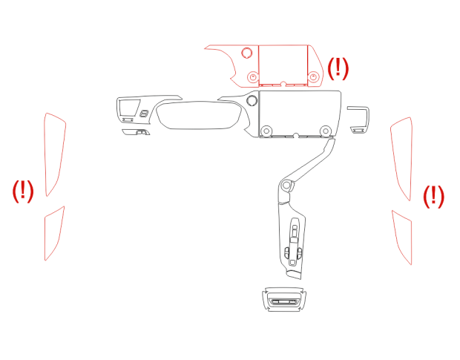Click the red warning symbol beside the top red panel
(x=338, y=68)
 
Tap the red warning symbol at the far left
(x=23, y=192)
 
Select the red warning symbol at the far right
(x=433, y=197)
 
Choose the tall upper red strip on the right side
(x=402, y=158)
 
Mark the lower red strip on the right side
(x=403, y=238)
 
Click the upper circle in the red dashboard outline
(x=247, y=53)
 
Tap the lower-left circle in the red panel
(x=252, y=77)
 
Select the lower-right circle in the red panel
(x=313, y=77)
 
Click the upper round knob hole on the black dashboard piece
(x=252, y=101)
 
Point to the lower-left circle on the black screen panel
(x=266, y=131)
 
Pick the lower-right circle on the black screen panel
(x=326, y=131)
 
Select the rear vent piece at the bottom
(x=284, y=299)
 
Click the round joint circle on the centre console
(x=286, y=186)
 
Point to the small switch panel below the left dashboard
(x=136, y=132)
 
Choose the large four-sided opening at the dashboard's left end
(x=129, y=108)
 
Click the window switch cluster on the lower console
(x=293, y=242)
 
